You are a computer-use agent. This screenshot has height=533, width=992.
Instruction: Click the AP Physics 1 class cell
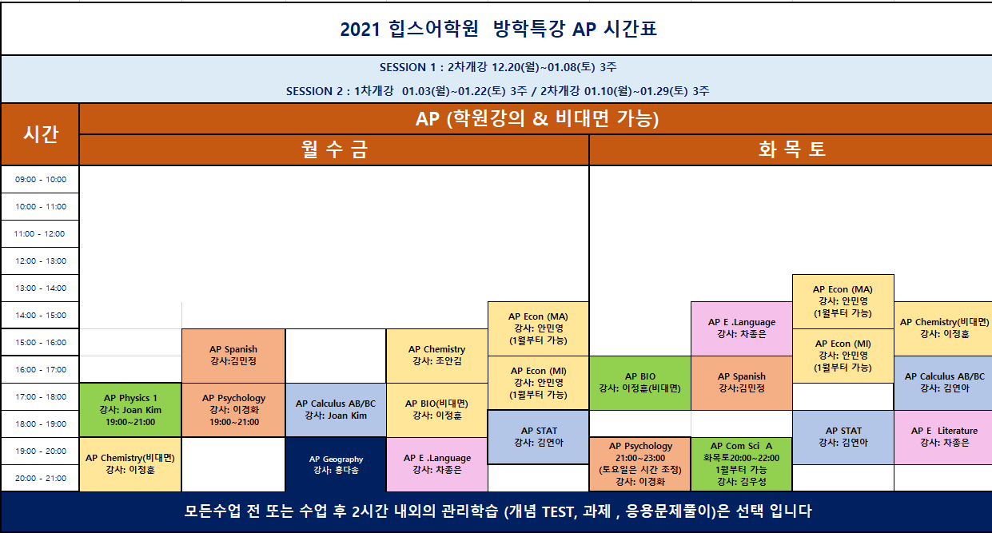pyautogui.click(x=130, y=410)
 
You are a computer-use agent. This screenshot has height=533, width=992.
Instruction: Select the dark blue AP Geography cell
pyautogui.click(x=336, y=464)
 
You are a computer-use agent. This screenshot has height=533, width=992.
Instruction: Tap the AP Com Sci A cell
pyautogui.click(x=741, y=464)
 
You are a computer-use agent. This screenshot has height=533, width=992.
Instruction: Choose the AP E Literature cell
pyautogui.click(x=943, y=437)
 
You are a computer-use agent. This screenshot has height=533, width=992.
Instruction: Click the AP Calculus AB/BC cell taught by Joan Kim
pyautogui.click(x=336, y=410)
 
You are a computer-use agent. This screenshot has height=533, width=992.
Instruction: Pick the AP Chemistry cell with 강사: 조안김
pyautogui.click(x=437, y=356)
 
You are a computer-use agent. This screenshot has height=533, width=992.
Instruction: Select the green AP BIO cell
pyautogui.click(x=640, y=383)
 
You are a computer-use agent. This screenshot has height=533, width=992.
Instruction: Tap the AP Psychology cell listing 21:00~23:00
pyautogui.click(x=640, y=464)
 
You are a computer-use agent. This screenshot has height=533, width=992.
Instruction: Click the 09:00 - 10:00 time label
pyautogui.click(x=40, y=179)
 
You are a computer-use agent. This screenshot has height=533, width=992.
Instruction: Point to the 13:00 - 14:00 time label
pyautogui.click(x=40, y=288)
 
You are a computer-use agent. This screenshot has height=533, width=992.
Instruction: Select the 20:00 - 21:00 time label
pyautogui.click(x=40, y=478)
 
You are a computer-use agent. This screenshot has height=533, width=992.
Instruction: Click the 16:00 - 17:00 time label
pyautogui.click(x=40, y=370)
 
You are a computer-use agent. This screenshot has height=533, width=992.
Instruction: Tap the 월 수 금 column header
pyautogui.click(x=334, y=149)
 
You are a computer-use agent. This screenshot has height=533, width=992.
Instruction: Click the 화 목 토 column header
pyautogui.click(x=791, y=149)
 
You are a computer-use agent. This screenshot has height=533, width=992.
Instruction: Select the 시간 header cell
pyautogui.click(x=40, y=134)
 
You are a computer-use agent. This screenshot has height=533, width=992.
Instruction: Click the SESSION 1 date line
pyautogui.click(x=498, y=67)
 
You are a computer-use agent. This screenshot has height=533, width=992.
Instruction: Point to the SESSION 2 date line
pyautogui.click(x=497, y=91)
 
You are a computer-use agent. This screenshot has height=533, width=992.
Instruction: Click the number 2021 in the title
pyautogui.click(x=360, y=30)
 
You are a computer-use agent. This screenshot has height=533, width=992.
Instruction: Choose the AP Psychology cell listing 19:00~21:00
pyautogui.click(x=233, y=410)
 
